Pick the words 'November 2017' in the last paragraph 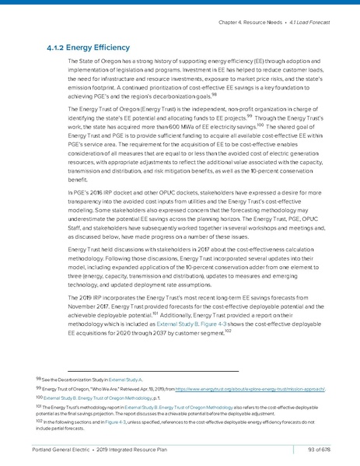coord(95,309)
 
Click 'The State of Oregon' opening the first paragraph coord(96,61)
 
